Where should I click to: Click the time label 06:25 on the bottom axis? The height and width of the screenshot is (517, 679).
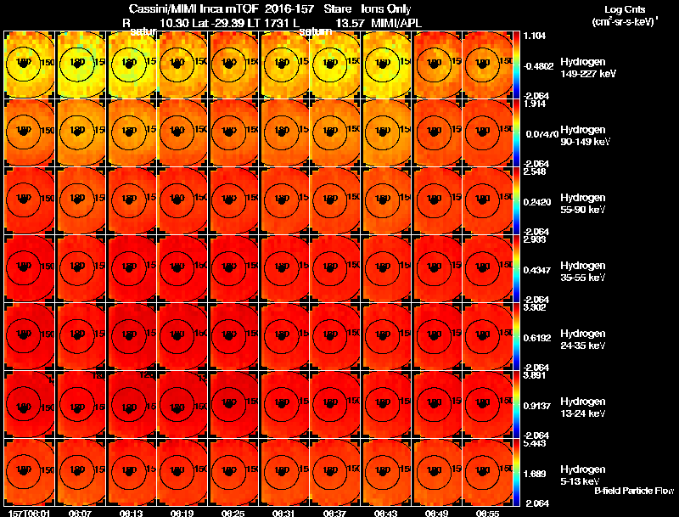pos(233,513)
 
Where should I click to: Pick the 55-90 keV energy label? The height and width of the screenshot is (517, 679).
pos(582,209)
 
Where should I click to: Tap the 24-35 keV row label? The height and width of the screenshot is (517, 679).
pos(582,345)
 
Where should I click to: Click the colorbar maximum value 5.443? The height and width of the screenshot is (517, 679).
pos(535,444)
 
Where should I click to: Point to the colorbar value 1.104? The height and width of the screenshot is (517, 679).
pos(535,37)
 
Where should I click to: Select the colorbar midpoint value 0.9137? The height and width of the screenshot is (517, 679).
pos(537,405)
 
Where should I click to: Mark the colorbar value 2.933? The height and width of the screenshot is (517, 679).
pos(535,240)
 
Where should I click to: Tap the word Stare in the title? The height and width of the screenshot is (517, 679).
pos(337,8)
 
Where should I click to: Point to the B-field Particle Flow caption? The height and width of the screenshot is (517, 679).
pos(634,491)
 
